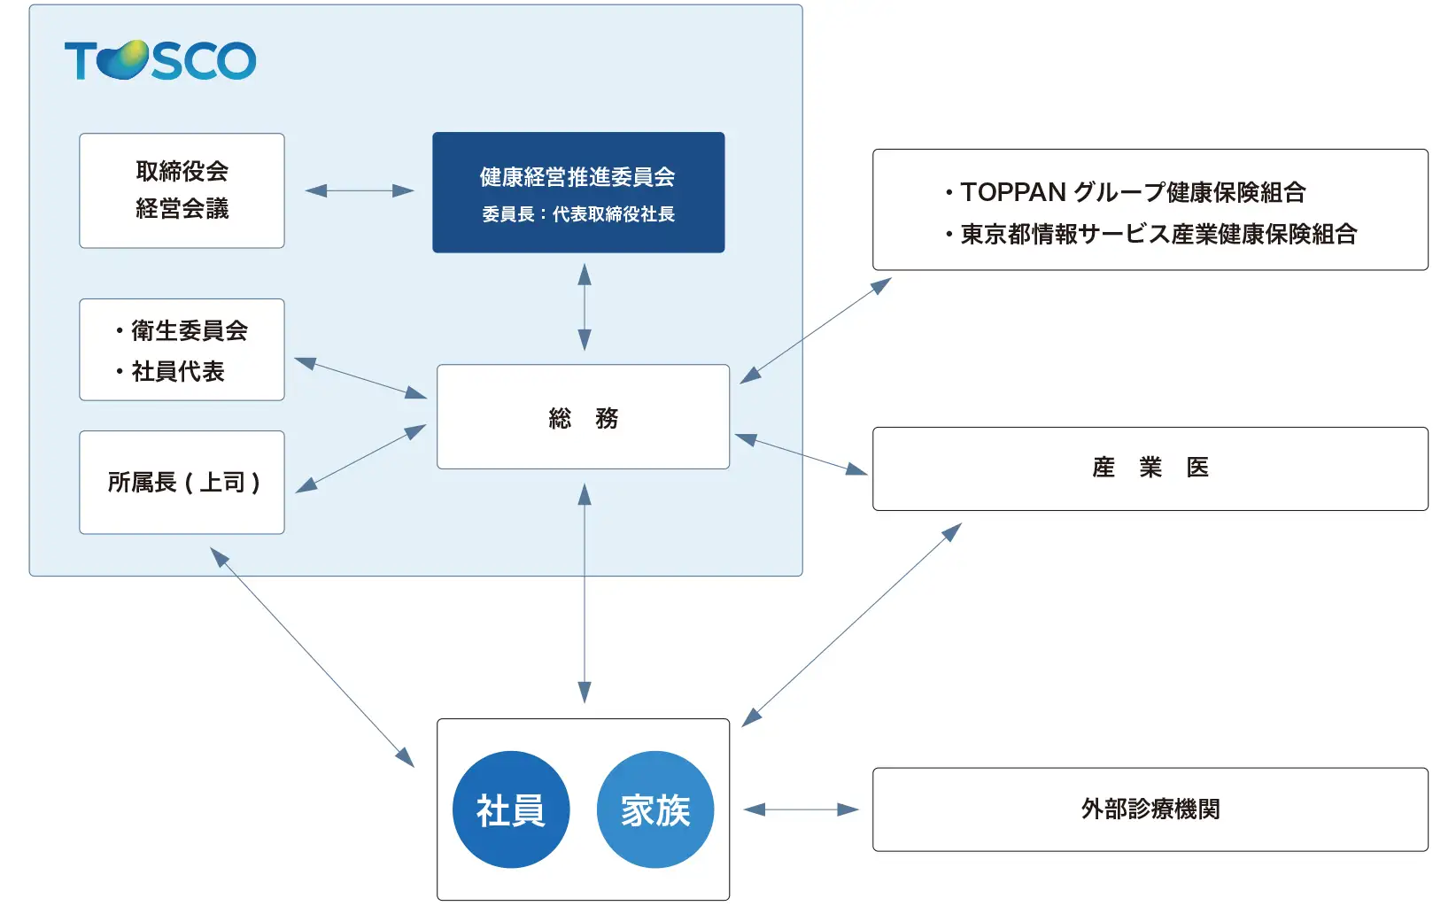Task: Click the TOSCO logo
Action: pyautogui.click(x=160, y=60)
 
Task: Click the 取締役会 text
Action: pyautogui.click(x=182, y=171)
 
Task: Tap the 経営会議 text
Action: pyautogui.click(x=182, y=209)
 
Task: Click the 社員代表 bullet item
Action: pyautogui.click(x=177, y=371)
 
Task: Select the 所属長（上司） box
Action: pyautogui.click(x=182, y=483)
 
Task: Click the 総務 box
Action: pyautogui.click(x=583, y=417)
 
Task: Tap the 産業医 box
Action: pyautogui.click(x=1150, y=468)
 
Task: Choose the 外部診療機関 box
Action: pyautogui.click(x=1150, y=809)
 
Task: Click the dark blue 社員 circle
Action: pyautogui.click(x=510, y=809)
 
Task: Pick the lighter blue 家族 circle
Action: pyautogui.click(x=654, y=809)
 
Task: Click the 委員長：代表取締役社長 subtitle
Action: pyautogui.click(x=577, y=214)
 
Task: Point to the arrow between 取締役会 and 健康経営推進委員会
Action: pyautogui.click(x=359, y=190)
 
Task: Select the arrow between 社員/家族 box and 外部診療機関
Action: pyautogui.click(x=801, y=809)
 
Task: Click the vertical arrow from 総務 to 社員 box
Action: pyautogui.click(x=585, y=593)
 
